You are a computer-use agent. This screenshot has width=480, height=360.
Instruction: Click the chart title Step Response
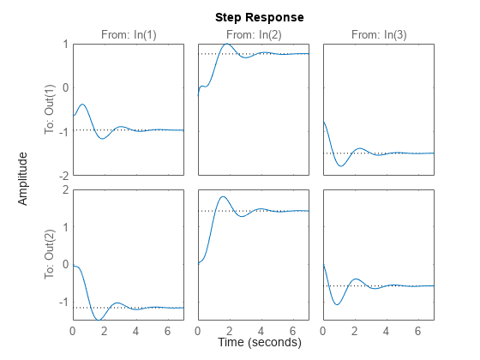[259, 17]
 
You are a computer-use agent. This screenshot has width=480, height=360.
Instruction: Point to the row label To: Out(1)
[50, 110]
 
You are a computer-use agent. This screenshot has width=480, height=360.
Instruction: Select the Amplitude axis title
[24, 178]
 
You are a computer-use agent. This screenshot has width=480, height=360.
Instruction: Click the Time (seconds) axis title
[259, 342]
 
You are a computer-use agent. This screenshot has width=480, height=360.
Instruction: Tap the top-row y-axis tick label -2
[63, 175]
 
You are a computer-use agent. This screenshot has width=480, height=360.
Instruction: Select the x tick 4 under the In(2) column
[261, 330]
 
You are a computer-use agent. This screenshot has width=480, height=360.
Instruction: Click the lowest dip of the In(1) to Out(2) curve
[100, 320]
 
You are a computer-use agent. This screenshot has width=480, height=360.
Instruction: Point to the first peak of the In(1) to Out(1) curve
[82, 105]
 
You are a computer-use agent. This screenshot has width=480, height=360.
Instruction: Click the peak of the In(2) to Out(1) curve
[225, 44]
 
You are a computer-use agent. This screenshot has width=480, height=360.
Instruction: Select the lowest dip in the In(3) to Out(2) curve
[338, 304]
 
